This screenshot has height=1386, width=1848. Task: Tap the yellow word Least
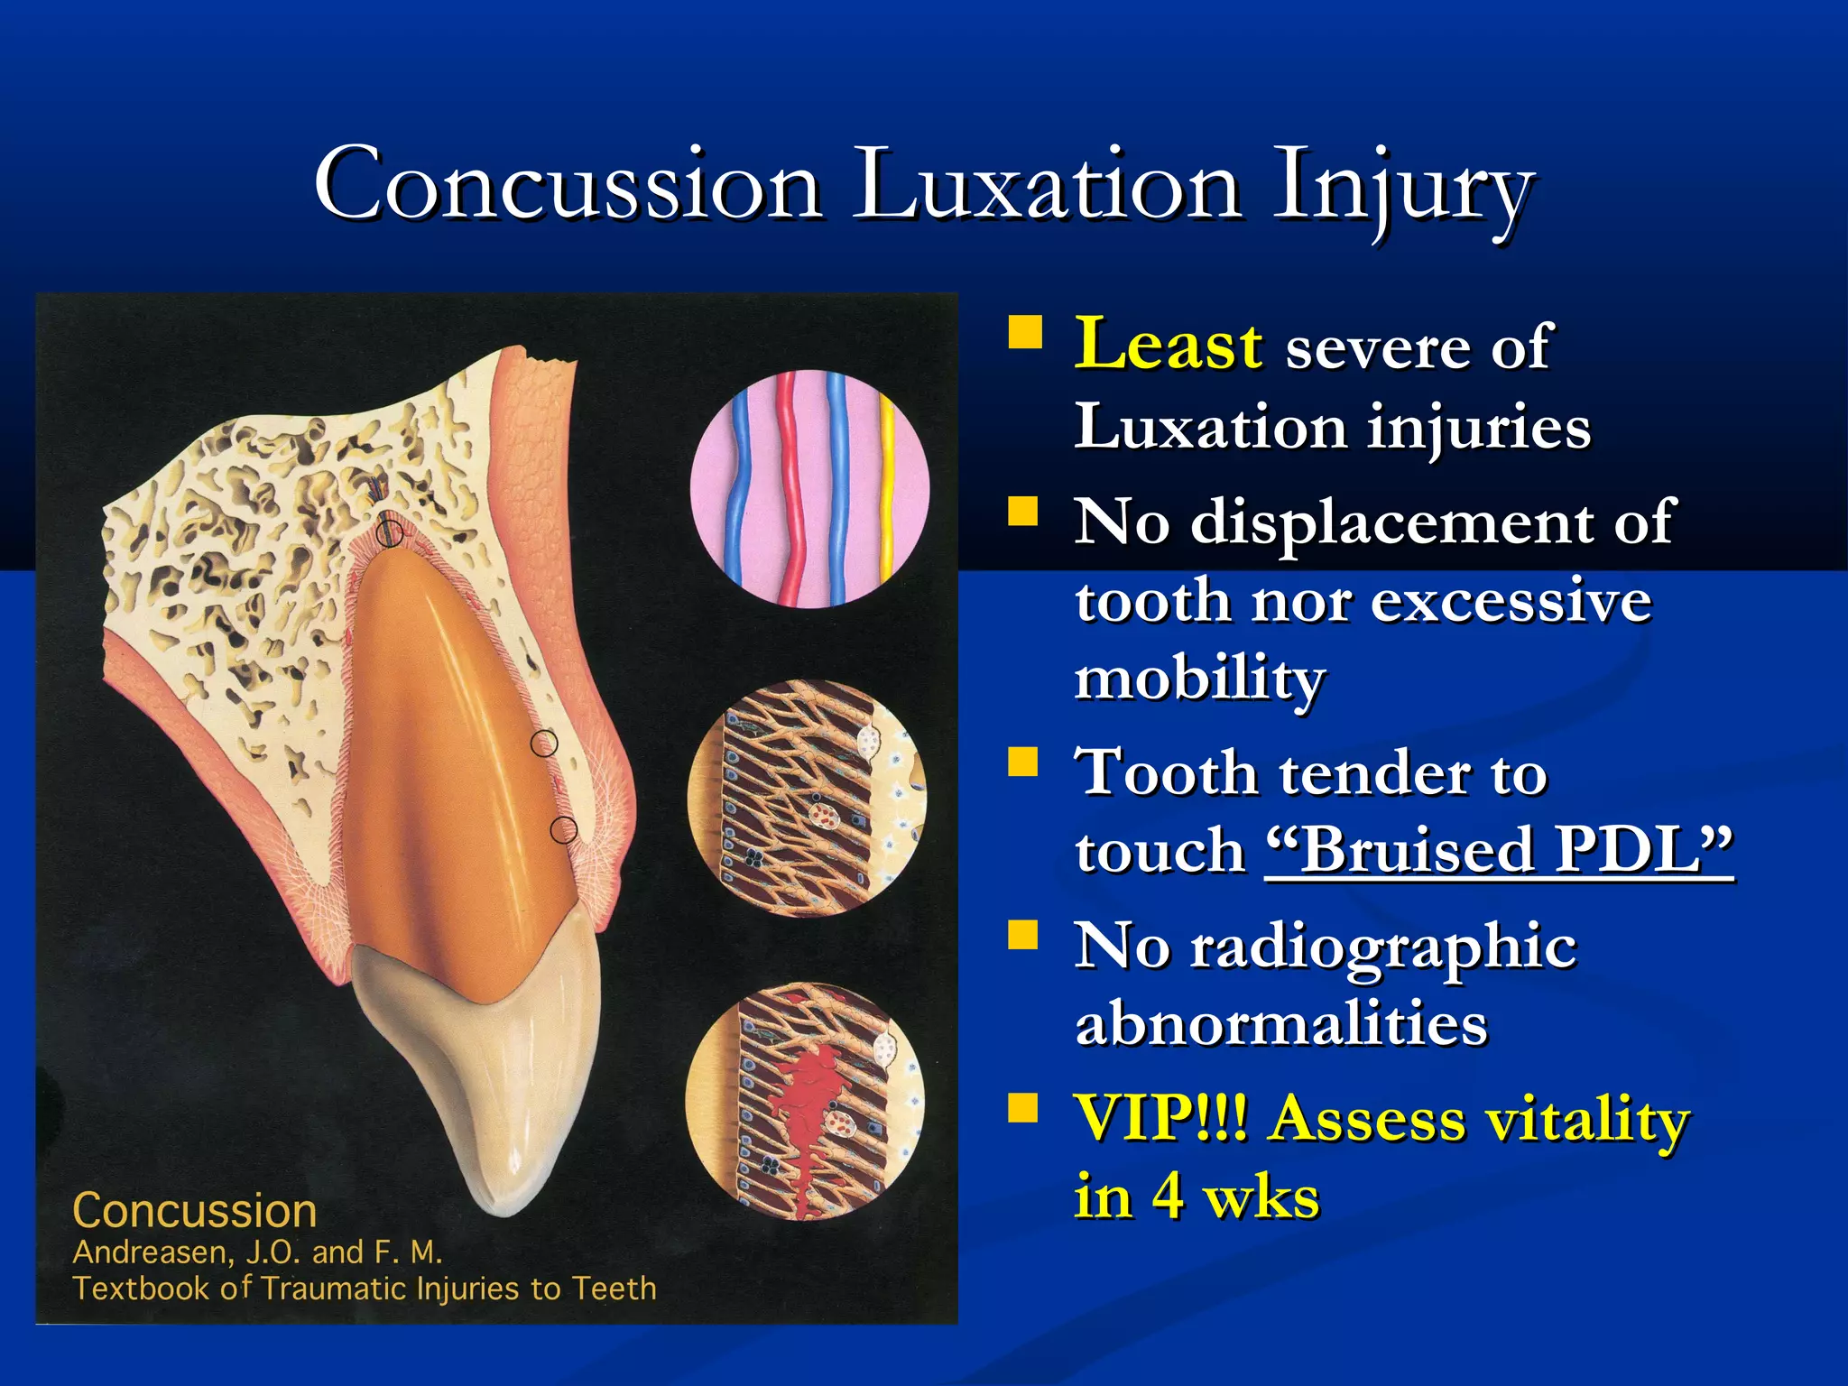click(1168, 345)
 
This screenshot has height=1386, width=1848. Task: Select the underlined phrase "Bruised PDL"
click(1498, 850)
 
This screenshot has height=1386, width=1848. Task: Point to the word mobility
click(1199, 679)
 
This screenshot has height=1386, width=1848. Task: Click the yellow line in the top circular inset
click(887, 487)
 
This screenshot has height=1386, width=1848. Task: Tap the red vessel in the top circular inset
click(789, 487)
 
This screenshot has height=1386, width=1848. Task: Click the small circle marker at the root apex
click(390, 531)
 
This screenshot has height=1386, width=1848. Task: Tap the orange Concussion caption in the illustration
click(194, 1211)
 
